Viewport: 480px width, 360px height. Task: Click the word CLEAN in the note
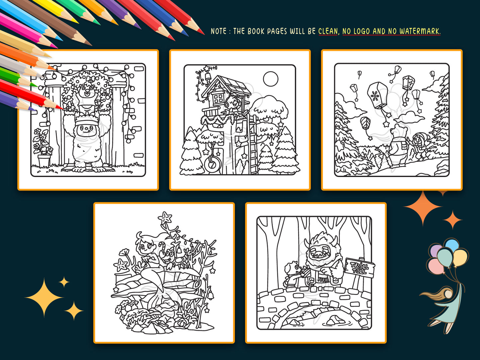click(x=328, y=31)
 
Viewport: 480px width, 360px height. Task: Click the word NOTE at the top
click(x=219, y=31)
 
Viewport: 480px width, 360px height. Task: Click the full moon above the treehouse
click(x=270, y=79)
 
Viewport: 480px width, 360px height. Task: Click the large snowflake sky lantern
click(x=377, y=96)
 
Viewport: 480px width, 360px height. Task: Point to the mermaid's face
click(x=146, y=246)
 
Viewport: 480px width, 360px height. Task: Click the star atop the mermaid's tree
click(x=165, y=219)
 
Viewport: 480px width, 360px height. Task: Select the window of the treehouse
click(x=218, y=99)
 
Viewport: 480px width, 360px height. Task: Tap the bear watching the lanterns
click(x=397, y=146)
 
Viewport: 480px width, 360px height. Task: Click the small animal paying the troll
click(x=292, y=274)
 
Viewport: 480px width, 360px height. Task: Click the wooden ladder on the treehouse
click(x=253, y=146)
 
